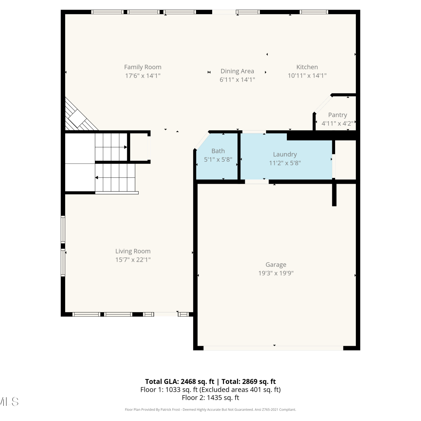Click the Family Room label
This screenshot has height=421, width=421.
[x=143, y=67]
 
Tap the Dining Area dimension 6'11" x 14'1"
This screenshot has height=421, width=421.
[x=237, y=80]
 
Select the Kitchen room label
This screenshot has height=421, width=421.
[x=307, y=67]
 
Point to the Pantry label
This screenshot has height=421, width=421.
[x=337, y=115]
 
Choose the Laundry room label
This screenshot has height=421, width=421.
[x=285, y=154]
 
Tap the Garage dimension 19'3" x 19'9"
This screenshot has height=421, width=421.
[x=276, y=273]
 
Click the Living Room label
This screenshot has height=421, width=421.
[x=133, y=251]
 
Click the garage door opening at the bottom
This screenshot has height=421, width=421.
[x=273, y=348]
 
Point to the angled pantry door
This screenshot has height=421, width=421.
[x=323, y=104]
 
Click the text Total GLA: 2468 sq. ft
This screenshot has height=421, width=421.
[x=180, y=381]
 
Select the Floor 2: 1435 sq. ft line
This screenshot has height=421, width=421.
[x=210, y=398]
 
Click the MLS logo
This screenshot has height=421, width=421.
[x=9, y=402]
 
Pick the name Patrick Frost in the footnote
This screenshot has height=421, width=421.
[x=170, y=409]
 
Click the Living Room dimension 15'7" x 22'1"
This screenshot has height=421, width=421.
[x=133, y=260]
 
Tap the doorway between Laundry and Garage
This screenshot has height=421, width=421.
[x=257, y=182]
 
